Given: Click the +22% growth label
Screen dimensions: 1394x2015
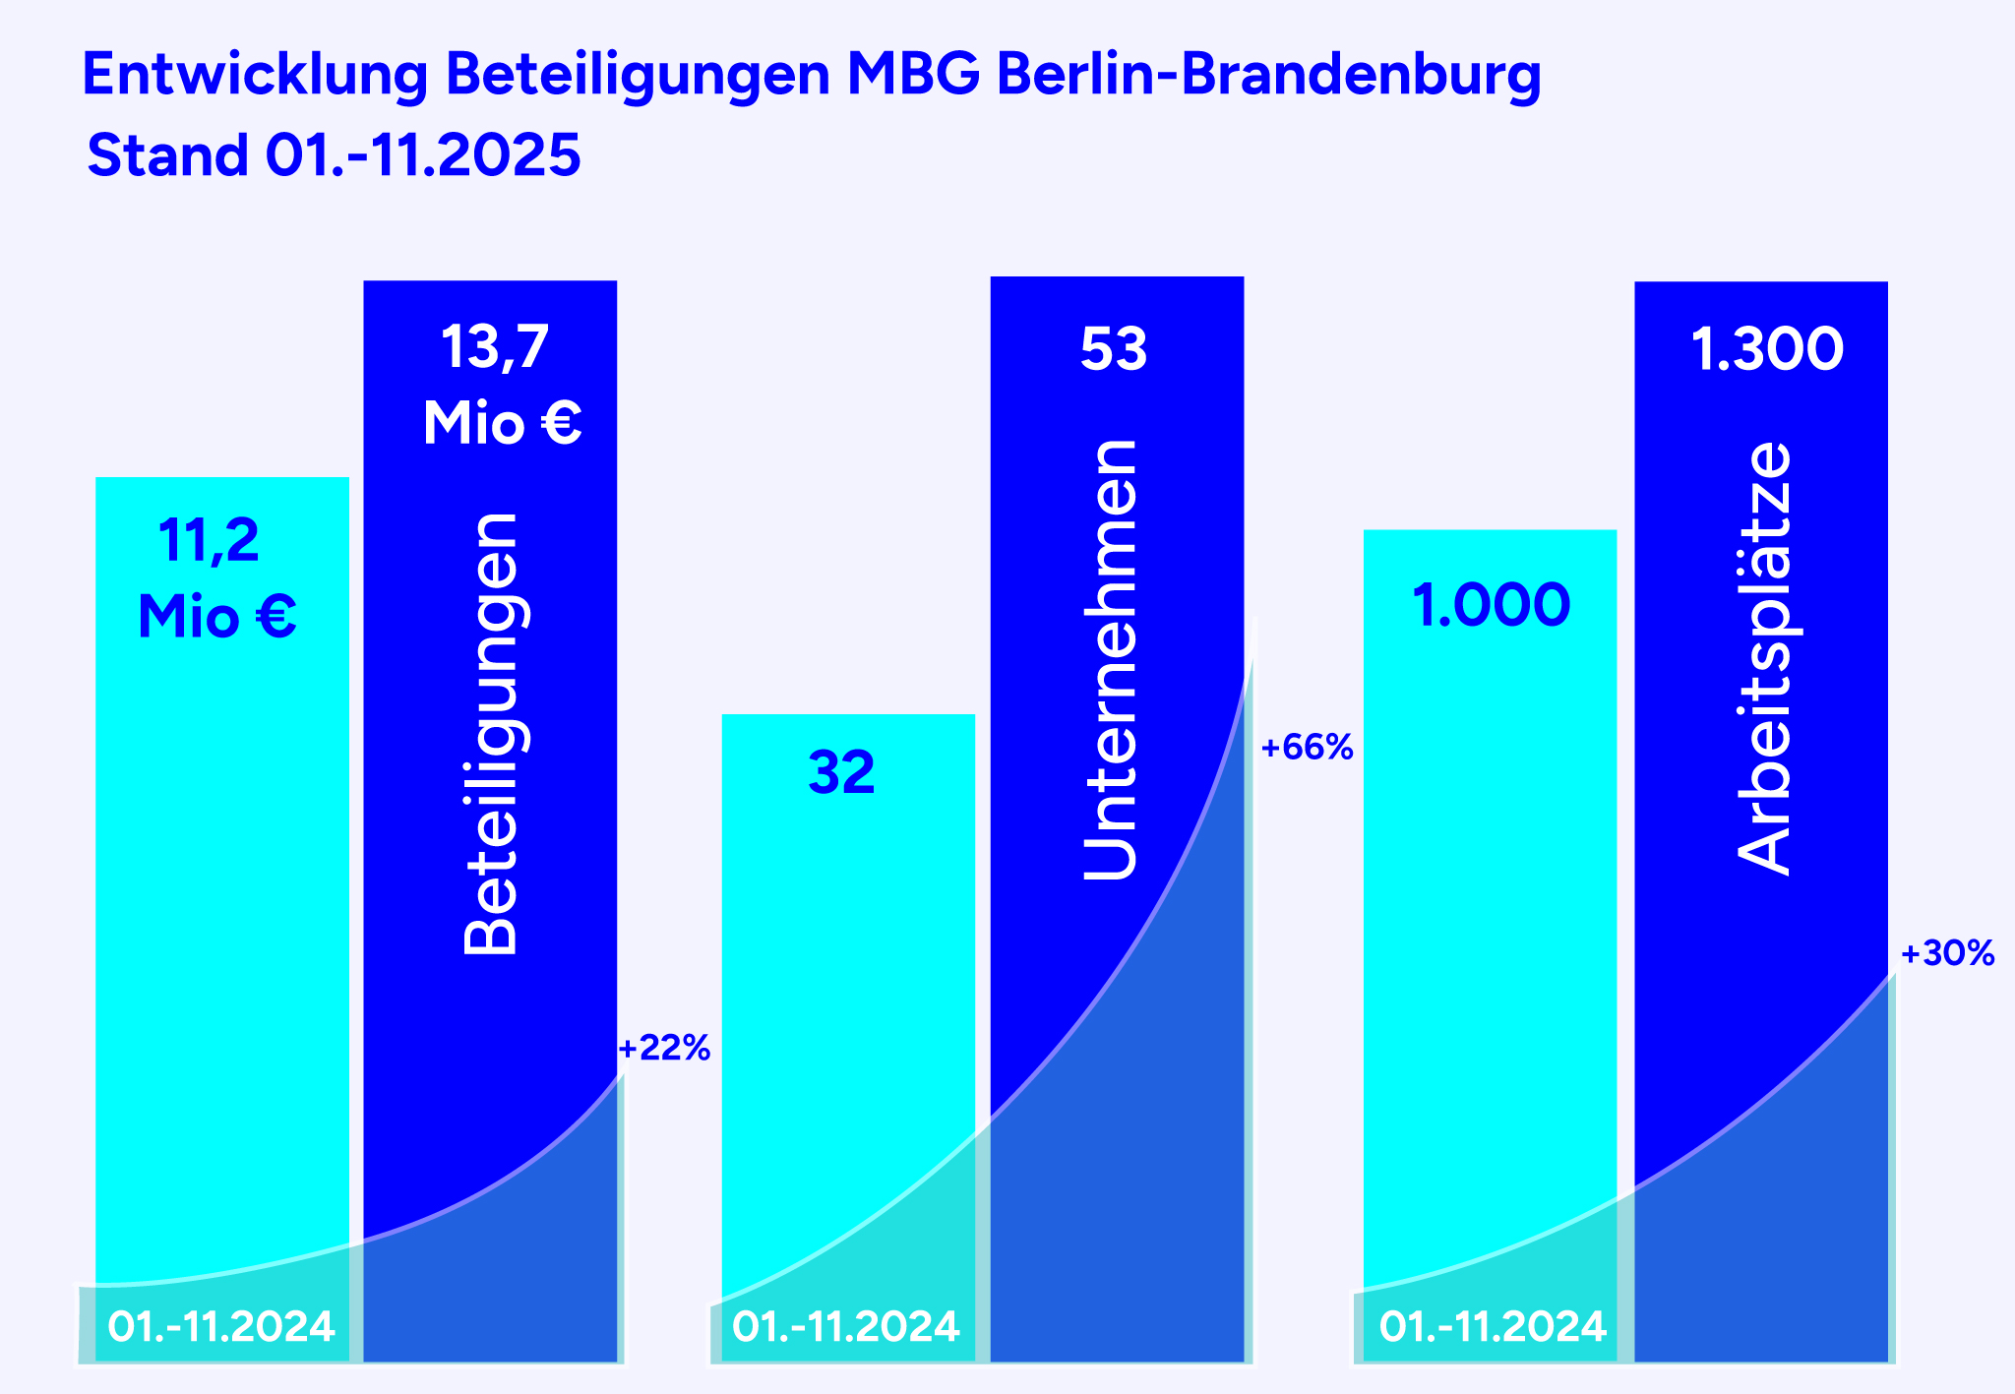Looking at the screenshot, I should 664,1049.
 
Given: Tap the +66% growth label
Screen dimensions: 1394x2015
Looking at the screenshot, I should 1307,749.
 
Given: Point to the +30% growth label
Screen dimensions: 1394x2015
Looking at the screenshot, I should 1947,953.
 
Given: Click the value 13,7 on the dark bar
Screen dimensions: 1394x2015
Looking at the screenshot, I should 495,347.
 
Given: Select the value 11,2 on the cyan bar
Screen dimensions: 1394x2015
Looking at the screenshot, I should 209,541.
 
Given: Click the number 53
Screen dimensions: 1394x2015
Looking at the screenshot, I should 1114,349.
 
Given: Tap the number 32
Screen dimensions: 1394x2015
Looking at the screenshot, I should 841,773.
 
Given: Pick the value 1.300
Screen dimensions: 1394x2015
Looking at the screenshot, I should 1767,350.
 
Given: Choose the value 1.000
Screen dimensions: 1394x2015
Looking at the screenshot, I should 1491,606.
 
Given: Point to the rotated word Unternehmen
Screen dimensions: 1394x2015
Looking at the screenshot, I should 1110,659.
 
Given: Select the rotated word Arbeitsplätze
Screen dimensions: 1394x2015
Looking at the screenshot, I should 1764,657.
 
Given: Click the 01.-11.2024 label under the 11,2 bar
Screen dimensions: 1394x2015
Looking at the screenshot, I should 221,1327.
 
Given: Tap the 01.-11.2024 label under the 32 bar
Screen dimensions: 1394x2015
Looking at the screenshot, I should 846,1327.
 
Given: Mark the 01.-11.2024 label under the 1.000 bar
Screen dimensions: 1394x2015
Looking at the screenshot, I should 1493,1327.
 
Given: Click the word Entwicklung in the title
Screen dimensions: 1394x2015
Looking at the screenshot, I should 255,76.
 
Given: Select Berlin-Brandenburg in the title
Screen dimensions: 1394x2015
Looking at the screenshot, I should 1268,76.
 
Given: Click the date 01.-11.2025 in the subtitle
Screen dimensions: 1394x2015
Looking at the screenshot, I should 423,155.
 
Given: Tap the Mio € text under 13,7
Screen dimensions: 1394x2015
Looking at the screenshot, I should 502,424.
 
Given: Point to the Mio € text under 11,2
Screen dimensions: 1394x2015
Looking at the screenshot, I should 217,618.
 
